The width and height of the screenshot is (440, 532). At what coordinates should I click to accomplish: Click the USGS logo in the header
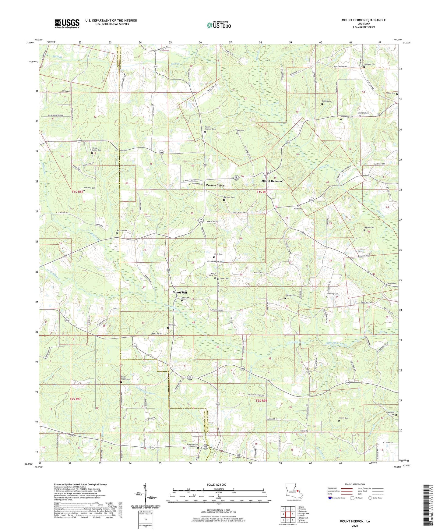click(x=67, y=23)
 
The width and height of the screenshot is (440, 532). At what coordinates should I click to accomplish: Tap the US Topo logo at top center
click(x=219, y=25)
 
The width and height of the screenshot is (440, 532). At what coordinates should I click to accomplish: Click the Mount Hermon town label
click(x=272, y=181)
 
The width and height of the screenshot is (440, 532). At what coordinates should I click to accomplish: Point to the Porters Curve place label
click(x=215, y=185)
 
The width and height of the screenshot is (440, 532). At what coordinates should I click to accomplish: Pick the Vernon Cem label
click(x=343, y=418)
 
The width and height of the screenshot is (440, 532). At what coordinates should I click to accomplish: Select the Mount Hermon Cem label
click(x=210, y=128)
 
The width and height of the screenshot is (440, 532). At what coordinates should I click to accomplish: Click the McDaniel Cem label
click(x=192, y=445)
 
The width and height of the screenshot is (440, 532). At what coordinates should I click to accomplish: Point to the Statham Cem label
click(x=291, y=295)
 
